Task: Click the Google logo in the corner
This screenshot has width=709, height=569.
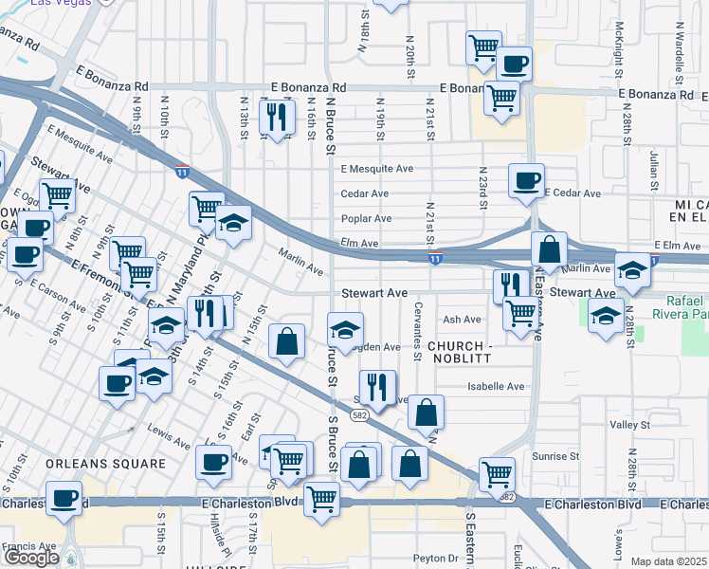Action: point(31,557)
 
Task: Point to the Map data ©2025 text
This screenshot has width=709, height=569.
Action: point(668,561)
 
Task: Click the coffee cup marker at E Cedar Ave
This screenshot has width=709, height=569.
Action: point(526,180)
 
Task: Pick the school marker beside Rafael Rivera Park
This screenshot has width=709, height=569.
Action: point(605,317)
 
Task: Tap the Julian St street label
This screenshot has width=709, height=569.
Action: point(654,173)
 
